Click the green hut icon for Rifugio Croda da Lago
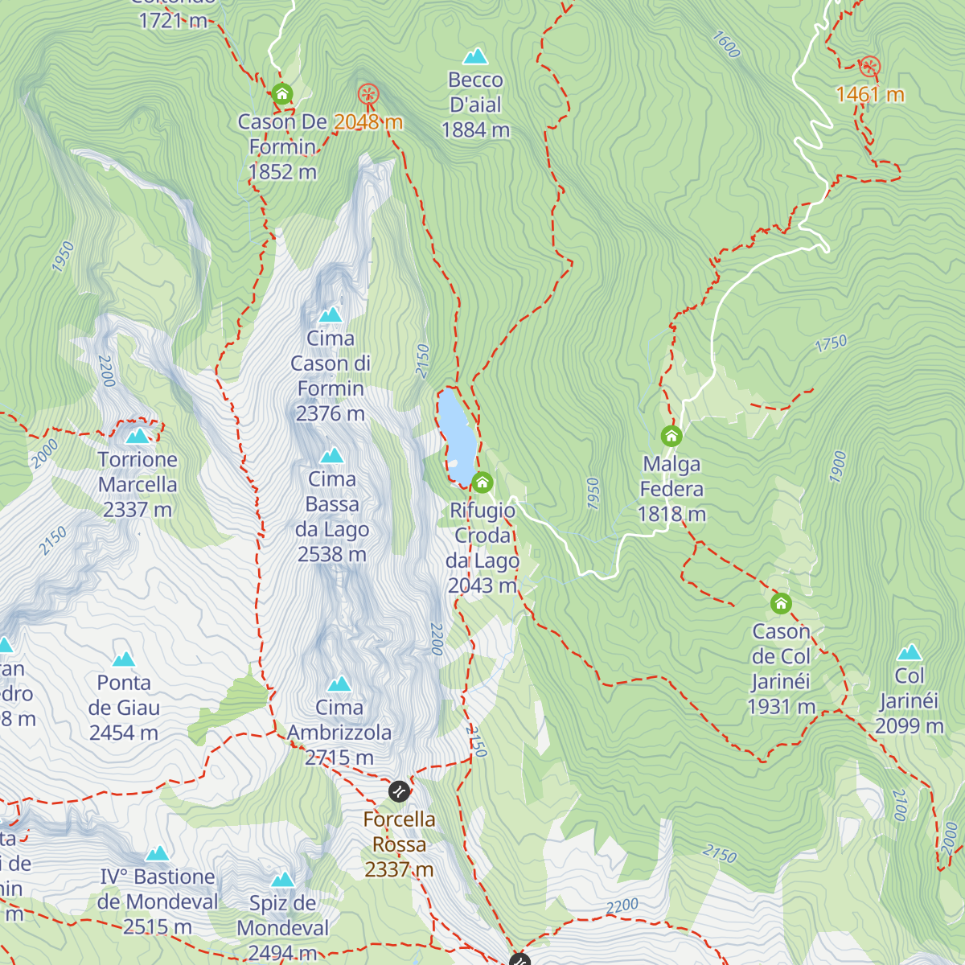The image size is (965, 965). point(482,482)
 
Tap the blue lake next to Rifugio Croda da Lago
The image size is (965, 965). point(455,434)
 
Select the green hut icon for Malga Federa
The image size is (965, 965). point(671,437)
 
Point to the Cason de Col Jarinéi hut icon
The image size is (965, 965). point(781,603)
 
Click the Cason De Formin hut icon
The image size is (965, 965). point(281,94)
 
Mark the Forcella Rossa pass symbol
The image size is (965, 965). point(399,791)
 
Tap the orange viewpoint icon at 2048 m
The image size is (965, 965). point(368,95)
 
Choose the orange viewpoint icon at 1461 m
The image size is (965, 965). point(869,67)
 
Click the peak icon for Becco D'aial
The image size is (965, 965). point(475,56)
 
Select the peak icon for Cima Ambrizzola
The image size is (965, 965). point(339,684)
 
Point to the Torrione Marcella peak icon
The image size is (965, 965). point(138,436)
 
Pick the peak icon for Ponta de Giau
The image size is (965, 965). point(123,659)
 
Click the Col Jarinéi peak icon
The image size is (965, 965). point(910,652)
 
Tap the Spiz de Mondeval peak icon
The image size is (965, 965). point(282,880)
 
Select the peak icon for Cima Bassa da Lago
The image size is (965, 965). point(332,456)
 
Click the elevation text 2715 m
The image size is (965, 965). point(339,758)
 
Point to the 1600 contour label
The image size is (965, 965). point(725,45)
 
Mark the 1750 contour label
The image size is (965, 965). point(831,344)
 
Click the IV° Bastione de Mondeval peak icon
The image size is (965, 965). point(158,853)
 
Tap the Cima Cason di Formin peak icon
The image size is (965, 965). point(331,314)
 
